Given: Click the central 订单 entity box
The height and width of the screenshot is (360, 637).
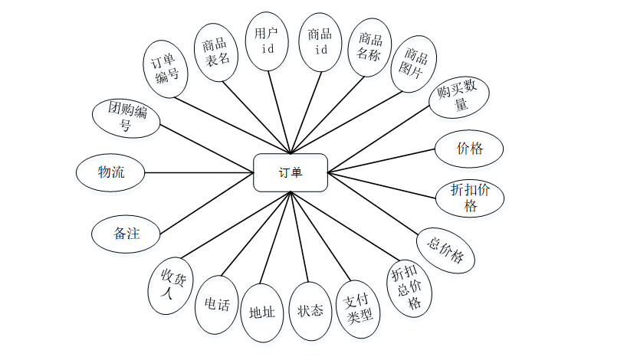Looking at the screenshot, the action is coord(291,172).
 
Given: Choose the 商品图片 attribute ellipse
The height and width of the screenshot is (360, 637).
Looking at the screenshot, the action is coord(414,64).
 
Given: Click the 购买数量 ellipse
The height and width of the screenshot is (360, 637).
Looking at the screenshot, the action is coord(458,97).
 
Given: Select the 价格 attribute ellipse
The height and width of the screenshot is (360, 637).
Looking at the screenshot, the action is coord(469,149).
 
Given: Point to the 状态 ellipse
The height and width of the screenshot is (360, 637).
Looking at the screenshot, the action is coord(310,311).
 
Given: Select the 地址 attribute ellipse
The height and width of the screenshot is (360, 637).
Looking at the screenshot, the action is coord(262,313).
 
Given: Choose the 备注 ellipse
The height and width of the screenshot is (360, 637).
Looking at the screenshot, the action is coord(126,234).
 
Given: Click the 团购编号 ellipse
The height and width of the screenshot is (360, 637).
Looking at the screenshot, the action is coord(126,118).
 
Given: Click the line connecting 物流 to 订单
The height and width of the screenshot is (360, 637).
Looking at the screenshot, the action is coord(199,172).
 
